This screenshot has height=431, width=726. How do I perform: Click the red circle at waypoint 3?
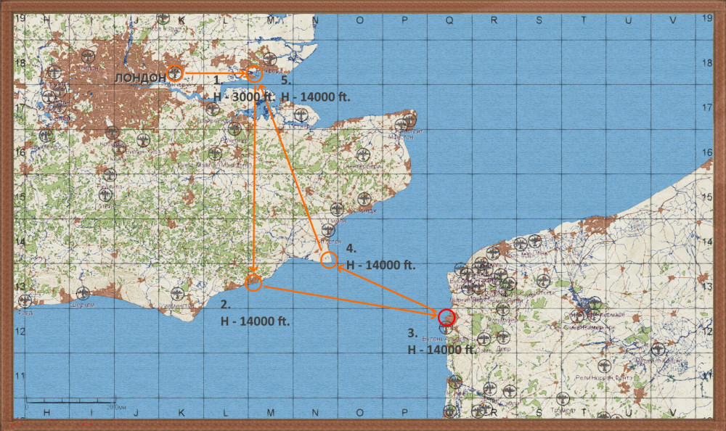pyautogui.click(x=446, y=317)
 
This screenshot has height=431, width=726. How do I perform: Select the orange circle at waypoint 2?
pyautogui.click(x=253, y=283)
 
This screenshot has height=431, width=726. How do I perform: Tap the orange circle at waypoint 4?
pyautogui.click(x=329, y=260)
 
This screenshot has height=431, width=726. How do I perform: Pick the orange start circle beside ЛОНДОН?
pyautogui.click(x=175, y=73)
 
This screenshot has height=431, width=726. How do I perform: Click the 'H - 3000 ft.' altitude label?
pyautogui.click(x=244, y=97)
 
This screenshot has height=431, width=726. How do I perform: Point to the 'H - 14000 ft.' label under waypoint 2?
pyautogui.click(x=255, y=321)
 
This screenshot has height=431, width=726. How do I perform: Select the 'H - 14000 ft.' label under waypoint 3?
pyautogui.click(x=441, y=349)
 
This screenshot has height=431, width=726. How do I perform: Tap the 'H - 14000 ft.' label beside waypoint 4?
pyautogui.click(x=380, y=265)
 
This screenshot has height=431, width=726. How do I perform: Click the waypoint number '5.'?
pyautogui.click(x=286, y=81)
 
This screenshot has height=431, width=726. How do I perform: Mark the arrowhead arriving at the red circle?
pyautogui.click(x=435, y=314)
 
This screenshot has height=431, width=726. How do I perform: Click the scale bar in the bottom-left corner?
pyautogui.click(x=70, y=401)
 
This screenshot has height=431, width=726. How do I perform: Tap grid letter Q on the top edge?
pyautogui.click(x=449, y=20)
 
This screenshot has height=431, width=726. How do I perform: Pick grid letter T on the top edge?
pyautogui.click(x=584, y=20)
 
